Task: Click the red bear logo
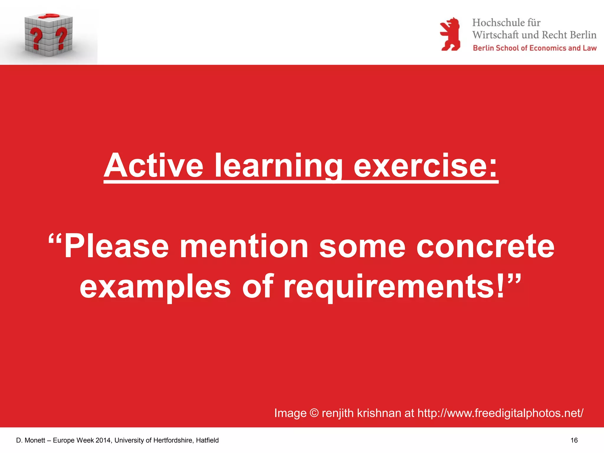coord(450,34)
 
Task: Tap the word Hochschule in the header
coord(498,23)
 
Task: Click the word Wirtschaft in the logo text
coord(495,35)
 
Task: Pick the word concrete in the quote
coord(485,246)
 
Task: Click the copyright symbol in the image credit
coord(314,413)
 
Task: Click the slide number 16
coord(574,440)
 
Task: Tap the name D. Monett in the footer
coord(31,440)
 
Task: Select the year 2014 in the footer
coord(103,440)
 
